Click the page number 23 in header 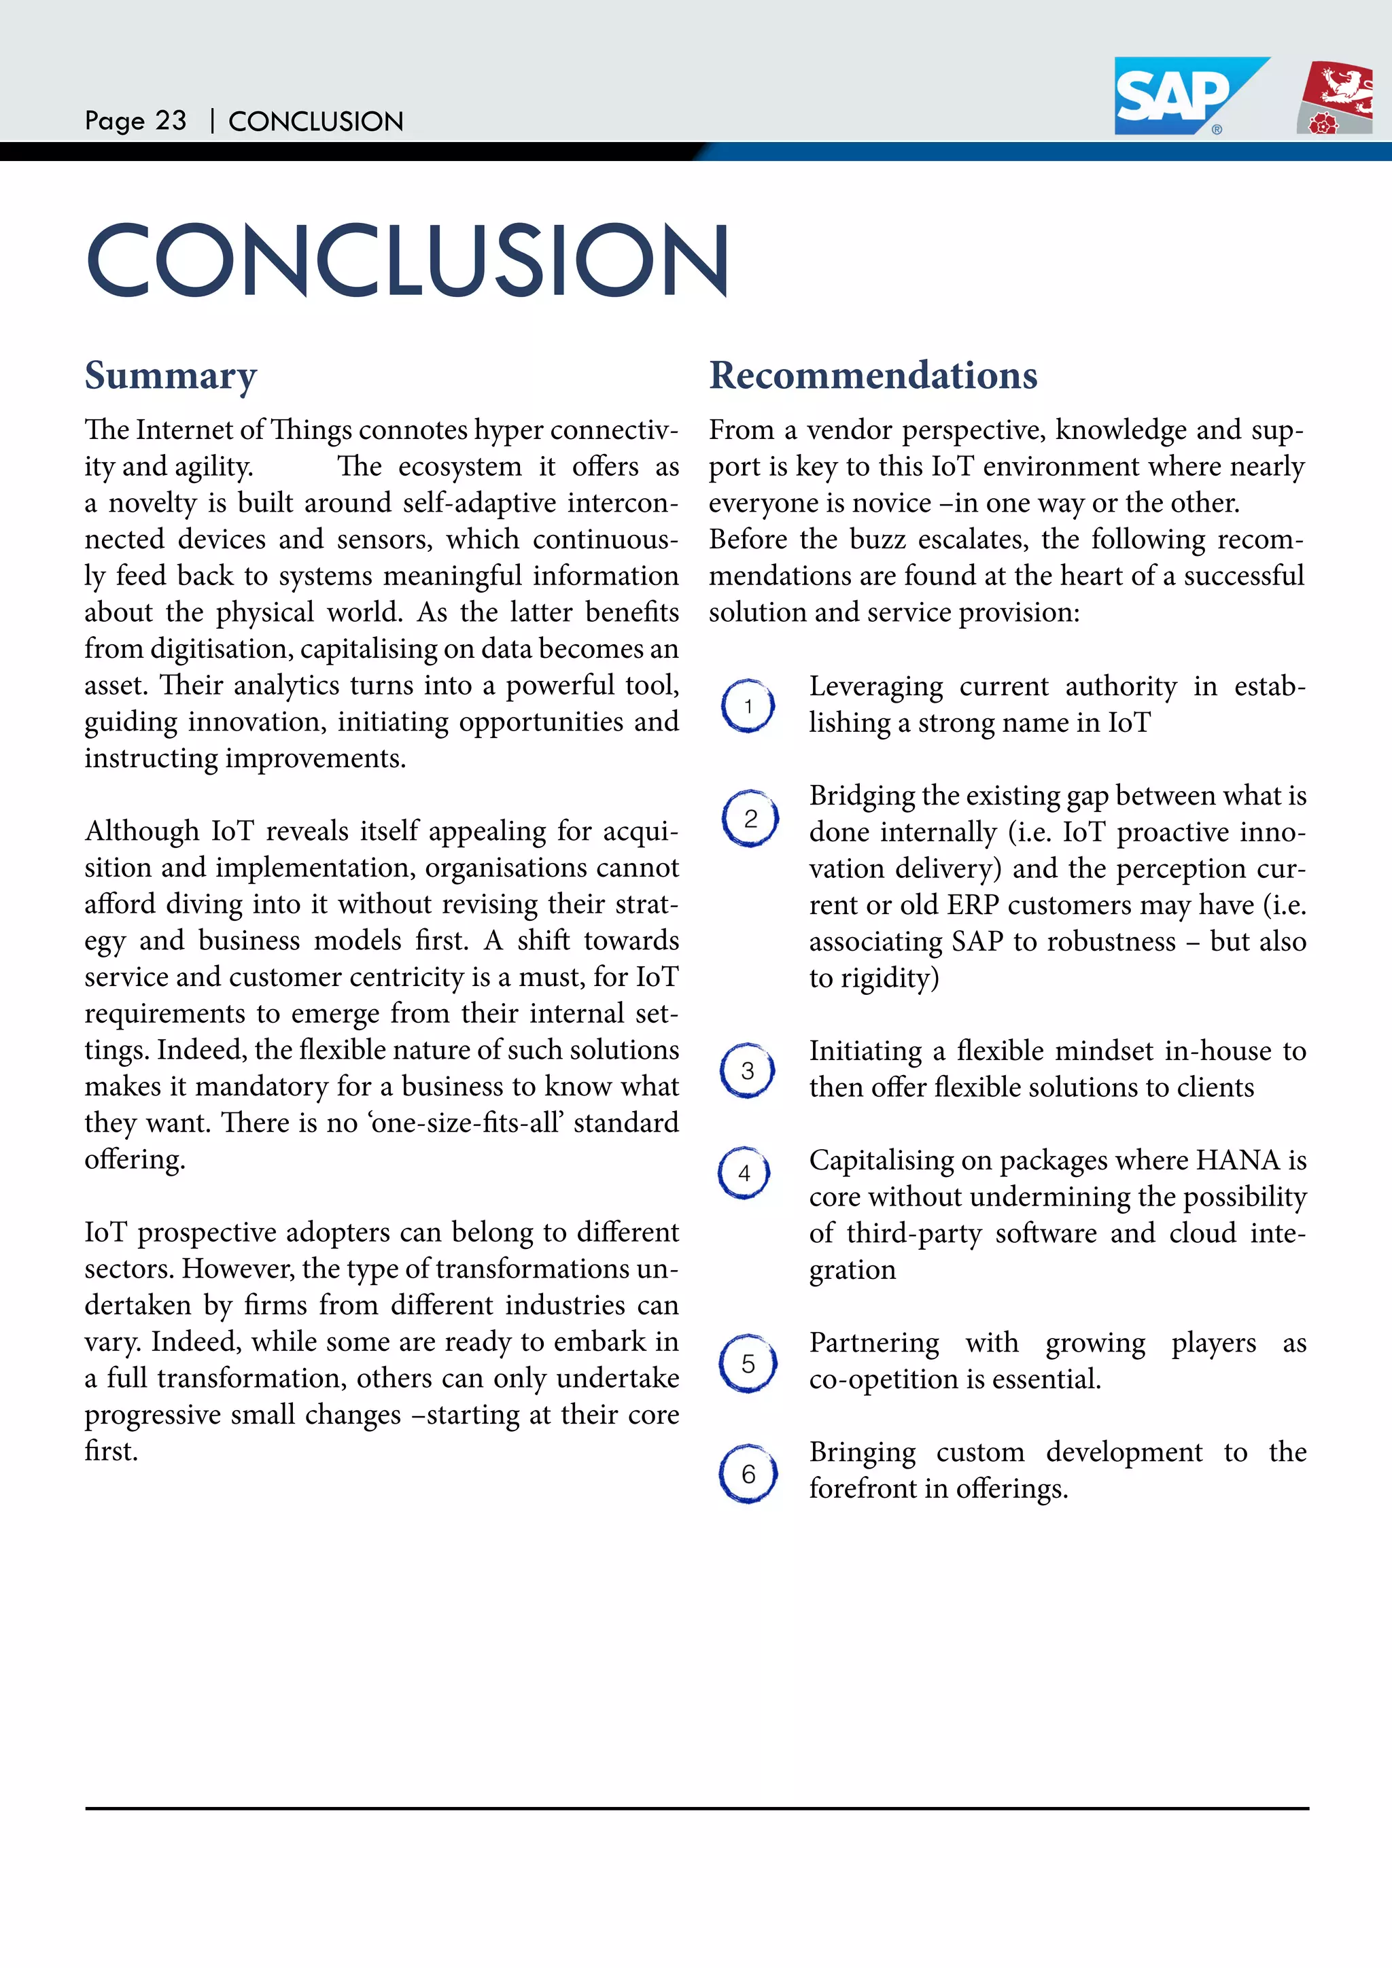(x=171, y=121)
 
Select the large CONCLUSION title (x=407, y=260)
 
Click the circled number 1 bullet (x=748, y=705)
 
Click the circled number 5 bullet (x=748, y=1363)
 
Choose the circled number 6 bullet (x=748, y=1473)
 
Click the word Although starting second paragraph (x=141, y=831)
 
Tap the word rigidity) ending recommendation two (x=890, y=978)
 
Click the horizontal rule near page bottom (x=696, y=1808)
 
